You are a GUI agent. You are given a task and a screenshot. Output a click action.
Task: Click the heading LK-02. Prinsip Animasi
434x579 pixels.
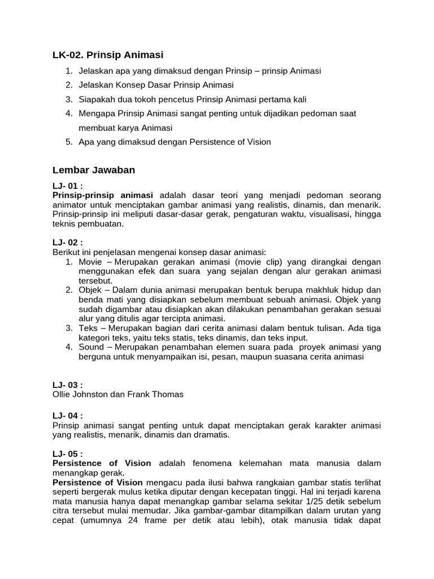[x=108, y=55]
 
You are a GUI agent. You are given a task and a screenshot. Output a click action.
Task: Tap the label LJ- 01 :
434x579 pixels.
[x=68, y=185]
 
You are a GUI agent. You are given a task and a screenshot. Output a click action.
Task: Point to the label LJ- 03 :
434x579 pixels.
[x=68, y=385]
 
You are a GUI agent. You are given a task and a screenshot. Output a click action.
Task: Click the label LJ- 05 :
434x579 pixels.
[x=68, y=453]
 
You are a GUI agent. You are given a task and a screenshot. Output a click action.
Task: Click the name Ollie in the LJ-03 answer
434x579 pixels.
[x=62, y=394]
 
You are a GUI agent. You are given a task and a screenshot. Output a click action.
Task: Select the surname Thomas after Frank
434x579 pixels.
[x=169, y=394]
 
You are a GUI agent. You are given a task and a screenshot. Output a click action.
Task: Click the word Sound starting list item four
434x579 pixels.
[x=92, y=347]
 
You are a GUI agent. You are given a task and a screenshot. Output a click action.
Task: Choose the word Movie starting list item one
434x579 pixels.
[x=91, y=262]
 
